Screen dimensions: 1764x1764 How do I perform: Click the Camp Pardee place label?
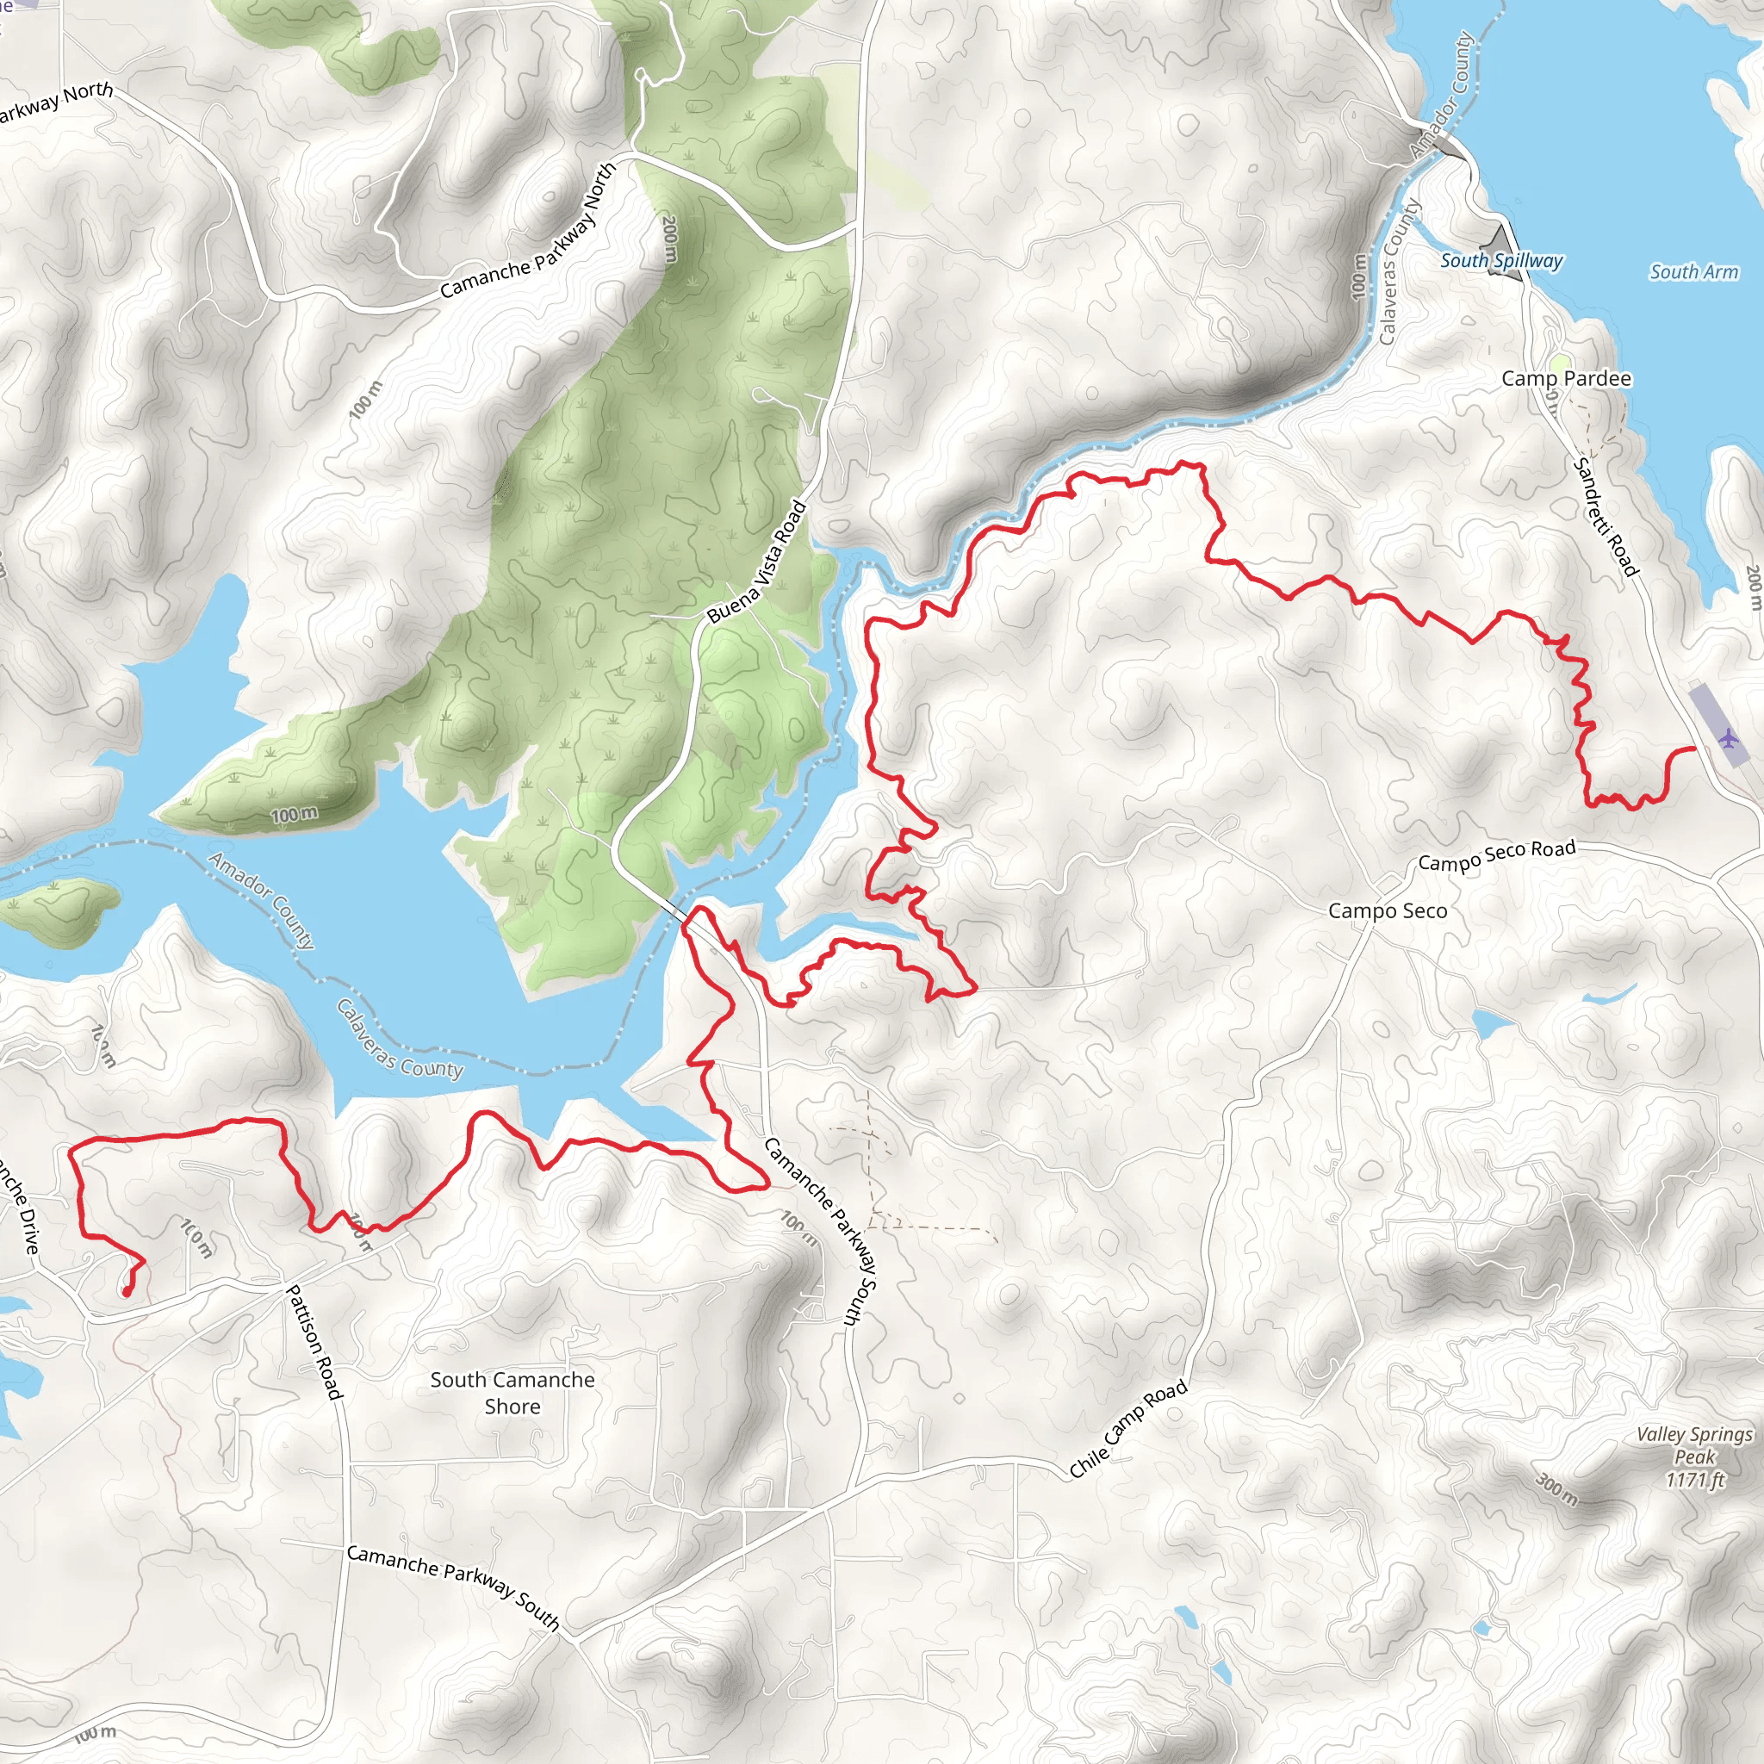coord(1566,378)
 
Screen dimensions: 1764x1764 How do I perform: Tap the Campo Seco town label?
coord(1387,910)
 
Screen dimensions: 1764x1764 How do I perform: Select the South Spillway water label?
coord(1501,260)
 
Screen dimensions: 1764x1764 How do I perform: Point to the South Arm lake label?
coord(1693,271)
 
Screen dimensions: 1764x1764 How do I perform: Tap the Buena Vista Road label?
coord(757,562)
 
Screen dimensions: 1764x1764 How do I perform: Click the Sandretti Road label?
coord(1606,517)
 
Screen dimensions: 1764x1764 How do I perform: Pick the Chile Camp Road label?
coord(1128,1429)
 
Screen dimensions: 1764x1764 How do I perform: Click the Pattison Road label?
coord(315,1342)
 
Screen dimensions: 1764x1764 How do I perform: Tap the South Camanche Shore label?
coord(512,1393)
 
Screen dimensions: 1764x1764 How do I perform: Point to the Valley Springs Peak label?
coord(1694,1457)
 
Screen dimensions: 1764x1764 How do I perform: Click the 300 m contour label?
coord(1556,1489)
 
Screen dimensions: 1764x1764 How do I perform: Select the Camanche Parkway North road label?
coord(529,232)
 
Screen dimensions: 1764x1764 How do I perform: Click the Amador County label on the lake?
coord(261,899)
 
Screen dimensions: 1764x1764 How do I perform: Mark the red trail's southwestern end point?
coord(125,1292)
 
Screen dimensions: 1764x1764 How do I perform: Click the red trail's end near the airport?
coord(1694,748)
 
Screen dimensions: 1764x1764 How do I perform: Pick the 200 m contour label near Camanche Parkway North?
coord(669,239)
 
